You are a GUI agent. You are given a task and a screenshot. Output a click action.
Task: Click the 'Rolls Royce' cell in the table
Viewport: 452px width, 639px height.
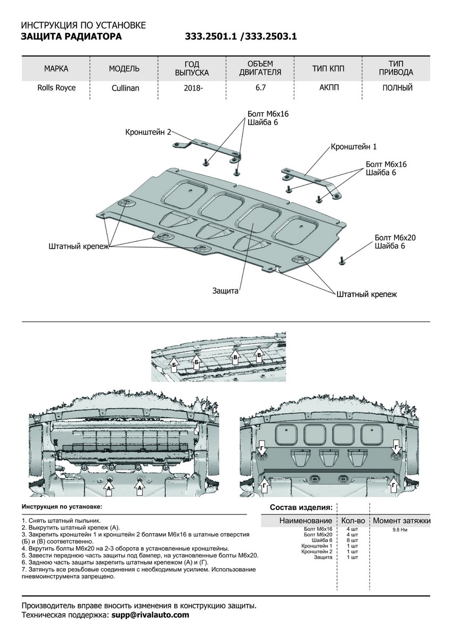pyautogui.click(x=56, y=88)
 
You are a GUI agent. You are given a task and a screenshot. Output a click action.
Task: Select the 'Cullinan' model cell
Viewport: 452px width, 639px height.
pyautogui.click(x=126, y=88)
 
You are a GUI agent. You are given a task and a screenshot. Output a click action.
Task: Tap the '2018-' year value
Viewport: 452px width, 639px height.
pyautogui.click(x=192, y=88)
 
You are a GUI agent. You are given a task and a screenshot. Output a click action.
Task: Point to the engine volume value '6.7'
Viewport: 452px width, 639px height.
pyautogui.click(x=261, y=88)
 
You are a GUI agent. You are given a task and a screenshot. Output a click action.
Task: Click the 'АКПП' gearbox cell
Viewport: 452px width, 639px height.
pyautogui.click(x=328, y=88)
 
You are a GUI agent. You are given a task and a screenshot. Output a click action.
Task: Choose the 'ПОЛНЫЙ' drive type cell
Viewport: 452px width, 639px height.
pyautogui.click(x=397, y=88)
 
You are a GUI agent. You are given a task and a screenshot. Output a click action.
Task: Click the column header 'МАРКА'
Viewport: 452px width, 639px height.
pyautogui.click(x=56, y=69)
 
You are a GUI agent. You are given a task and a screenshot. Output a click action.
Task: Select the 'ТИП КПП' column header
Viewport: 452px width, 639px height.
pyautogui.click(x=328, y=69)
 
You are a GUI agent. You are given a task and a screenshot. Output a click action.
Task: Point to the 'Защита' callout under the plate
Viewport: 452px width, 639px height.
pyautogui.click(x=225, y=291)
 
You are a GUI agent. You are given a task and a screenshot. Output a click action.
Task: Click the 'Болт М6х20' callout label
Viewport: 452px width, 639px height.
pyautogui.click(x=393, y=237)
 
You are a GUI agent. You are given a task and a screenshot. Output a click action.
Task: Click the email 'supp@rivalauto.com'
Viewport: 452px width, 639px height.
pyautogui.click(x=150, y=615)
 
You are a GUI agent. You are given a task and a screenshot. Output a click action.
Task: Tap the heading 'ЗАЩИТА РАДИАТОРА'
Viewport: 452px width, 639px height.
pyautogui.click(x=71, y=37)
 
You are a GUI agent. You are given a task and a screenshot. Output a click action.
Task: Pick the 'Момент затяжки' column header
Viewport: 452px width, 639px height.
pyautogui.click(x=401, y=520)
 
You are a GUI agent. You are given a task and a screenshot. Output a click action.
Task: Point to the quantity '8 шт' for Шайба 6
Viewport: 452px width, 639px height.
pyautogui.click(x=352, y=540)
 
